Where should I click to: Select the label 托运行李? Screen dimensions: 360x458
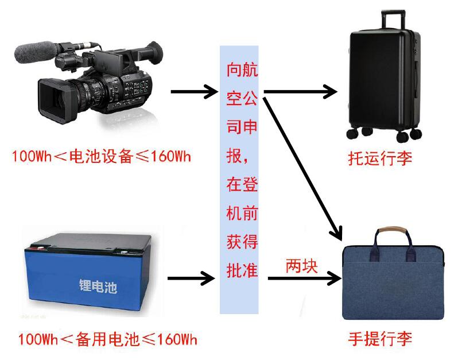380,158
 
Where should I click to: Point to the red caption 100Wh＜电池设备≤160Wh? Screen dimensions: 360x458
100,156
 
